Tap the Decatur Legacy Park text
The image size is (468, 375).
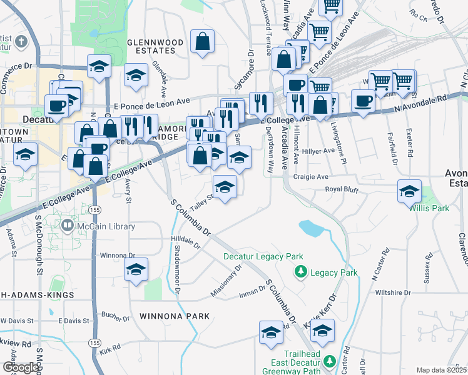click(263, 256)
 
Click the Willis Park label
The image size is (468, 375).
click(430, 207)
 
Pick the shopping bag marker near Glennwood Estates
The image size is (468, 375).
click(203, 42)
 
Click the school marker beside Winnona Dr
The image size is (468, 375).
click(136, 269)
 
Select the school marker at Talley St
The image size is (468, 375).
click(225, 186)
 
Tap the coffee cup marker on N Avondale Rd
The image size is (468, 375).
click(363, 101)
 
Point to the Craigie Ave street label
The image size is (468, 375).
click(313, 177)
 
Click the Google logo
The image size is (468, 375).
click(21, 367)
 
